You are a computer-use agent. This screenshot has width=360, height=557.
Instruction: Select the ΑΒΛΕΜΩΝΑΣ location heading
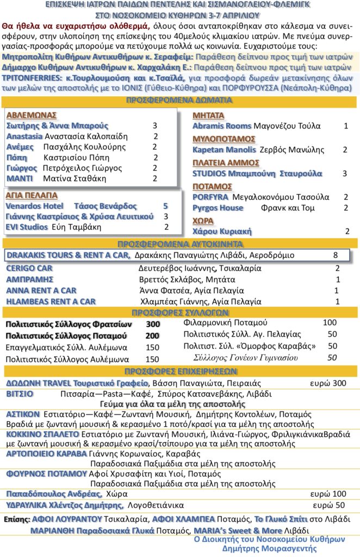click(32, 115)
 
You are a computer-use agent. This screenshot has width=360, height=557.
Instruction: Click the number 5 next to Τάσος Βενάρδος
click(165, 206)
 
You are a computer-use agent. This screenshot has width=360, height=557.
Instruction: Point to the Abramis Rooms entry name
click(222, 126)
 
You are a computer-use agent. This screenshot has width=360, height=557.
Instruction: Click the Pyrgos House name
click(218, 208)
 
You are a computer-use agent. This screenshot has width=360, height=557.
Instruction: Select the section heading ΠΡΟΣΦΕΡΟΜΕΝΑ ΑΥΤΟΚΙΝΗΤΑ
click(180, 244)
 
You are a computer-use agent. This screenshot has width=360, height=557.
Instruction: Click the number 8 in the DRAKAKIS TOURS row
click(336, 255)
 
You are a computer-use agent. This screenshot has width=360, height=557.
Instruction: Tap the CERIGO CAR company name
click(29, 268)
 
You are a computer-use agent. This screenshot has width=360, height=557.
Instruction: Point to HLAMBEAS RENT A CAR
click(51, 301)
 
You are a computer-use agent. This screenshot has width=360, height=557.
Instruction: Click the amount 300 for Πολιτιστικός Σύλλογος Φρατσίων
click(153, 324)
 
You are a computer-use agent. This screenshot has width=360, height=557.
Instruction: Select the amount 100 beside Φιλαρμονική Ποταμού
click(330, 323)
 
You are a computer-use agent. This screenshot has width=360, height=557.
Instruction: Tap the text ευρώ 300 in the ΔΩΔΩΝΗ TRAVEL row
click(328, 383)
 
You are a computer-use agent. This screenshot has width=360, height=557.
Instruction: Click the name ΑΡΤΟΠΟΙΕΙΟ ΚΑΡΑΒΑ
click(46, 454)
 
